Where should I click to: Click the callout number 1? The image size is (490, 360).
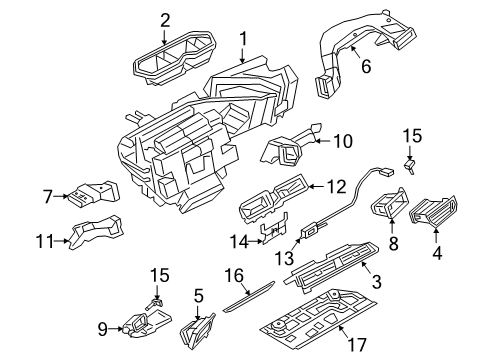(x=243, y=38)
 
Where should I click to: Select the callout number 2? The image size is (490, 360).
(x=165, y=21)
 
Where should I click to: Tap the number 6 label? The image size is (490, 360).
(x=366, y=66)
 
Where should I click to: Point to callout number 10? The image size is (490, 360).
(x=343, y=141)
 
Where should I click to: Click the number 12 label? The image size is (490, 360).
(x=336, y=187)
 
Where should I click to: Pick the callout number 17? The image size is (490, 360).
(x=357, y=344)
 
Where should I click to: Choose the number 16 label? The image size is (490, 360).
(x=234, y=275)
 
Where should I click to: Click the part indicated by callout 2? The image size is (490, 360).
(x=174, y=57)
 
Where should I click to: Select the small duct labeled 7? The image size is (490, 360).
(x=93, y=194)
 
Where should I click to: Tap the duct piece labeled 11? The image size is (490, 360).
(x=96, y=231)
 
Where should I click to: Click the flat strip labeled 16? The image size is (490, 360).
(x=248, y=297)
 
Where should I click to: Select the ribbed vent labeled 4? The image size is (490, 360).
(x=433, y=210)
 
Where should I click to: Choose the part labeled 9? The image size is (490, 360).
(x=147, y=323)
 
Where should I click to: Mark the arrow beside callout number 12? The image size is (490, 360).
(x=317, y=187)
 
